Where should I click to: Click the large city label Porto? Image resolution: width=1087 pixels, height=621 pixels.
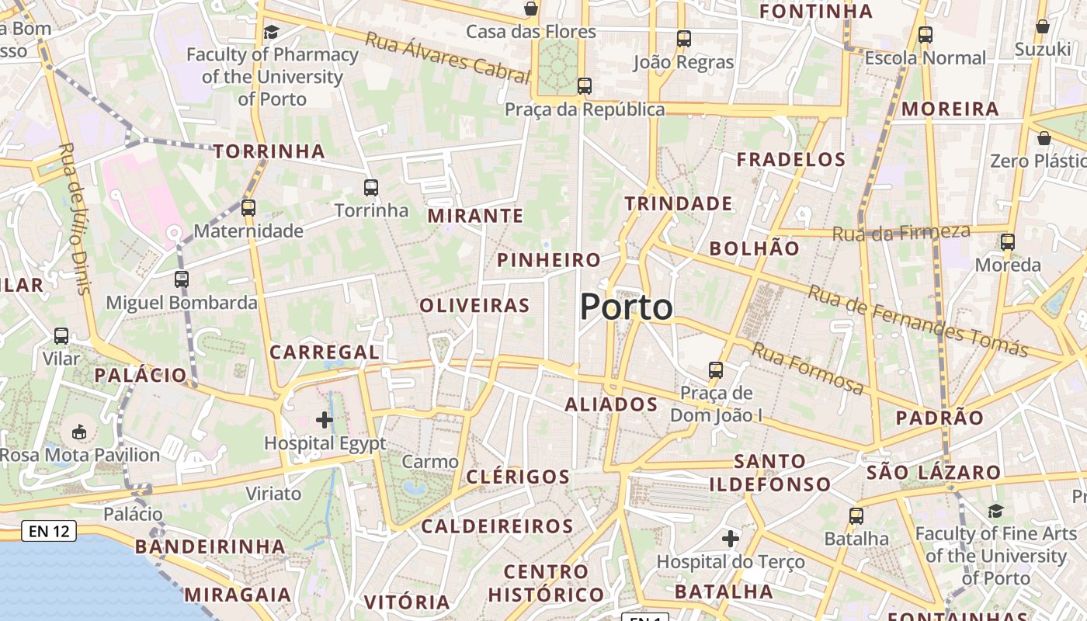pyautogui.click(x=626, y=307)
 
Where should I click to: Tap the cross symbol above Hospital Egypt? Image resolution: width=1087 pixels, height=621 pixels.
pyautogui.click(x=325, y=420)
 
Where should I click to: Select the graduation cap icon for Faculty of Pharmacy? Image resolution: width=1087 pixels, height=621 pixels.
pyautogui.click(x=271, y=32)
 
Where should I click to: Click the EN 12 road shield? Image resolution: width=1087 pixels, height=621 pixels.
pyautogui.click(x=49, y=532)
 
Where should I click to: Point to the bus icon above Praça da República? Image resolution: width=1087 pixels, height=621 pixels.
pyautogui.click(x=585, y=85)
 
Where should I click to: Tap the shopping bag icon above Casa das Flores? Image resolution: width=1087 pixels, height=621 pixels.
pyautogui.click(x=531, y=9)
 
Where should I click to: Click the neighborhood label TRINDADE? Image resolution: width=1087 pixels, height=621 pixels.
pyautogui.click(x=679, y=204)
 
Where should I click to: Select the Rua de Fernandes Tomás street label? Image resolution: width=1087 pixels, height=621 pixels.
pyautogui.click(x=918, y=321)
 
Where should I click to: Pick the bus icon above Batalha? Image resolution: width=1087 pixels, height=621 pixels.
pyautogui.click(x=856, y=515)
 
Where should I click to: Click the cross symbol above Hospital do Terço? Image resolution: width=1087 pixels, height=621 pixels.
pyautogui.click(x=730, y=538)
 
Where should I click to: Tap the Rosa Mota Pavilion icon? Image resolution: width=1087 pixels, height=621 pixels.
pyautogui.click(x=79, y=432)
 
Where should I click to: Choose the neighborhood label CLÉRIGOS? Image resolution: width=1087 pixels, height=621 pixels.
pyautogui.click(x=518, y=477)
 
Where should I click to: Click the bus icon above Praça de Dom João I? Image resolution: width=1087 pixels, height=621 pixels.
pyautogui.click(x=716, y=370)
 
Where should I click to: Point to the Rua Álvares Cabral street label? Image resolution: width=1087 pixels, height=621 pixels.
pyautogui.click(x=447, y=57)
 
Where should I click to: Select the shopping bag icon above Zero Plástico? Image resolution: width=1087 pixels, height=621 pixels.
pyautogui.click(x=1044, y=138)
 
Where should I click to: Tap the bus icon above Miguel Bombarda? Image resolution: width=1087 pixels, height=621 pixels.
pyautogui.click(x=182, y=279)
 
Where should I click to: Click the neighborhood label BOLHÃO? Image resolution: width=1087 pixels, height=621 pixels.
pyautogui.click(x=754, y=248)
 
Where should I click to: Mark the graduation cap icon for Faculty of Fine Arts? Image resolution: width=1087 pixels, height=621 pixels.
pyautogui.click(x=995, y=511)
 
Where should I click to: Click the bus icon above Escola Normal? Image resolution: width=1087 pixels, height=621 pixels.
pyautogui.click(x=925, y=35)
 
